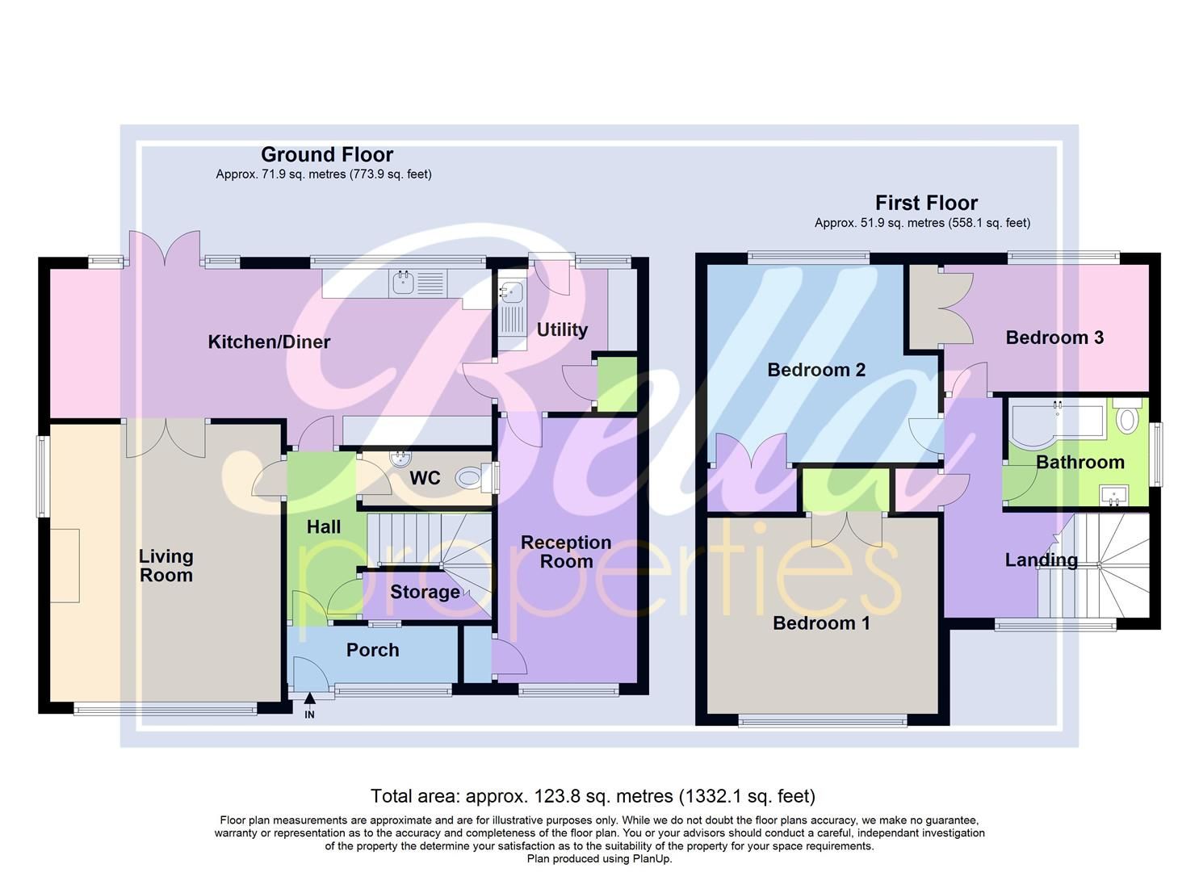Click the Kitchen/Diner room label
point(269,342)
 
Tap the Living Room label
point(166,565)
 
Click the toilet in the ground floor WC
point(472,478)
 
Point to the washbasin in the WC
point(400,459)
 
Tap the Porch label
point(372,650)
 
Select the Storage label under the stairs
point(425,592)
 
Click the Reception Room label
point(565,551)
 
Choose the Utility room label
point(562,329)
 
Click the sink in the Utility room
point(511,293)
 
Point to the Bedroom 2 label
point(815,370)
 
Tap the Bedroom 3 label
point(1054,337)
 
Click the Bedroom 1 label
point(821,623)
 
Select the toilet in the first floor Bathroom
point(1127,417)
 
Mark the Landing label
point(1041,560)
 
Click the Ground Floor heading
point(327,154)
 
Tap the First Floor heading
point(926,203)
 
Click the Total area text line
point(593,796)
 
